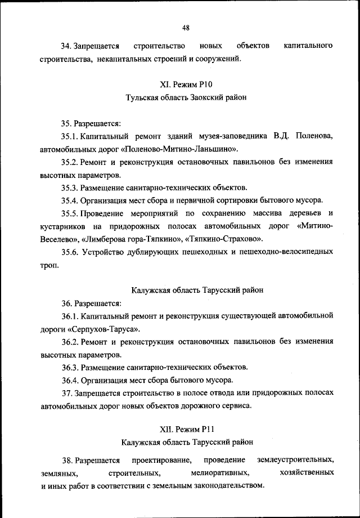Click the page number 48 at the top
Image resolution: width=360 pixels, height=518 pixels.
tap(186, 28)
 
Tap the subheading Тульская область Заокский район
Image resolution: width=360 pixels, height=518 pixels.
tap(186, 97)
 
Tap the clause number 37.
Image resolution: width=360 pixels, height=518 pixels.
tap(67, 392)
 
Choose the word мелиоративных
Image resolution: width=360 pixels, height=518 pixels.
tap(220, 471)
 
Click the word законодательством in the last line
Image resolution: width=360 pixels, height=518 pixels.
tap(224, 484)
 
